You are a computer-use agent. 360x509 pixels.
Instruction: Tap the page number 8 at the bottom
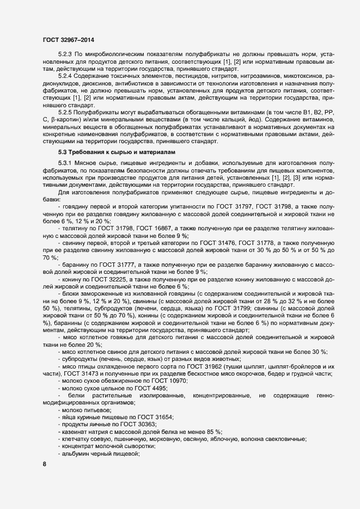click(x=44, y=464)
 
